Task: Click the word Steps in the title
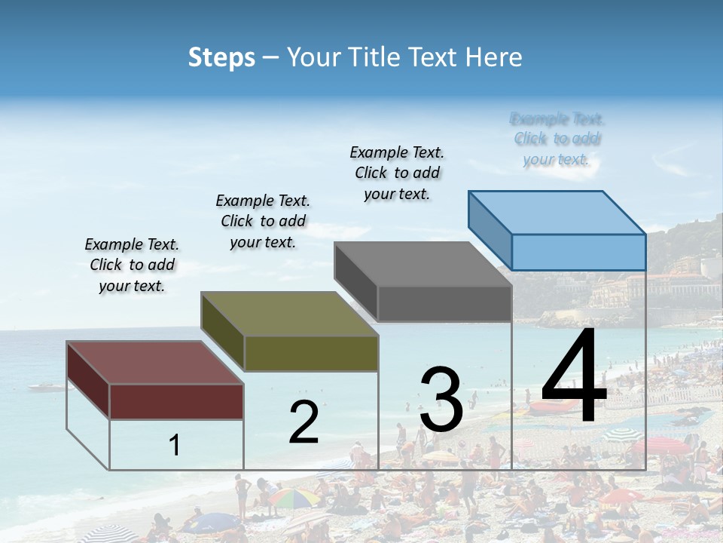pyautogui.click(x=221, y=57)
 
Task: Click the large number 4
pyautogui.click(x=574, y=377)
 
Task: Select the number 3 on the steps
pyautogui.click(x=441, y=400)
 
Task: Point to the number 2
pyautogui.click(x=304, y=422)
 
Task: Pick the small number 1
pyautogui.click(x=175, y=445)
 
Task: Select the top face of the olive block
pyautogui.click(x=288, y=314)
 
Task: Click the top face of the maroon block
pyautogui.click(x=154, y=363)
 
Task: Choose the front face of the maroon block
pyautogui.click(x=176, y=401)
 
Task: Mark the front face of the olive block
pyautogui.click(x=311, y=353)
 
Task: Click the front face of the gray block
pyautogui.click(x=444, y=304)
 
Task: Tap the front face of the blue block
pyautogui.click(x=578, y=252)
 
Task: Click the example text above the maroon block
pyautogui.click(x=132, y=265)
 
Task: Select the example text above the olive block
pyautogui.click(x=263, y=221)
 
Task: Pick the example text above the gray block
pyautogui.click(x=397, y=173)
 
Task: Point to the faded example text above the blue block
pyautogui.click(x=557, y=139)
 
